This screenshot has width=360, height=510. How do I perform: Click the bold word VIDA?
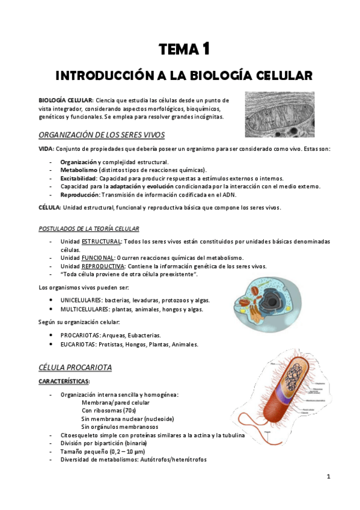click(46, 148)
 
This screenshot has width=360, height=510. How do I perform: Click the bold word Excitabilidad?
click(78, 178)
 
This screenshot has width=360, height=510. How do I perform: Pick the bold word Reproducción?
click(79, 194)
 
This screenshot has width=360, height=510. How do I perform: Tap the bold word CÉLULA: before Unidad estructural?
click(49, 207)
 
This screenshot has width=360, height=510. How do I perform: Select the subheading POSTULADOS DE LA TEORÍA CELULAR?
click(88, 229)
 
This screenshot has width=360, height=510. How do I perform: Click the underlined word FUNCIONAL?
click(98, 257)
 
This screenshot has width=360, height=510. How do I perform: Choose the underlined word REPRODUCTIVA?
click(103, 266)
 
